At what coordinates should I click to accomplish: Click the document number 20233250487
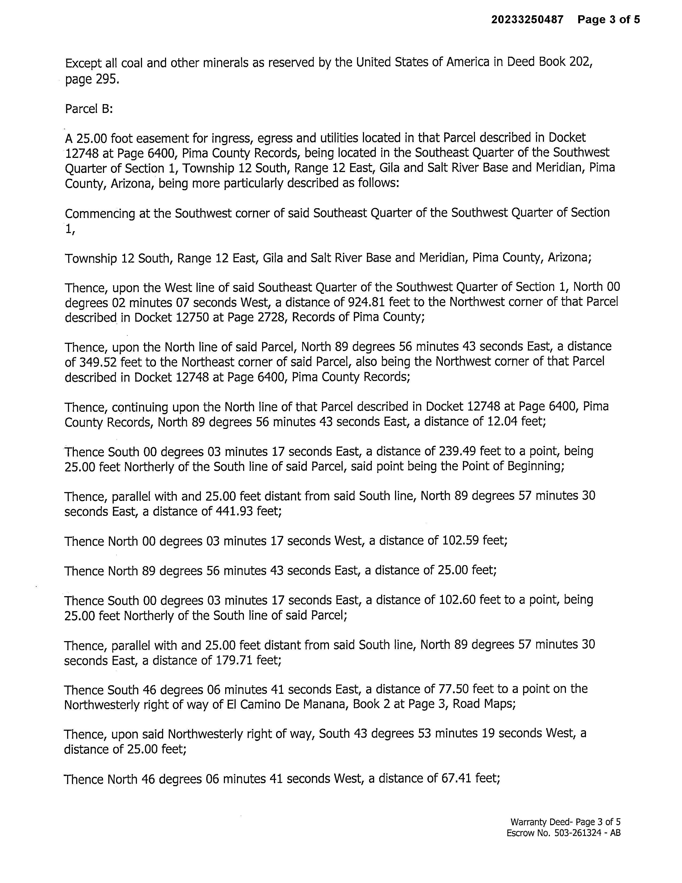[527, 20]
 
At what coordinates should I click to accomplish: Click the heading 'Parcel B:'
[89, 109]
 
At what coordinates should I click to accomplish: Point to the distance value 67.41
[452, 779]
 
